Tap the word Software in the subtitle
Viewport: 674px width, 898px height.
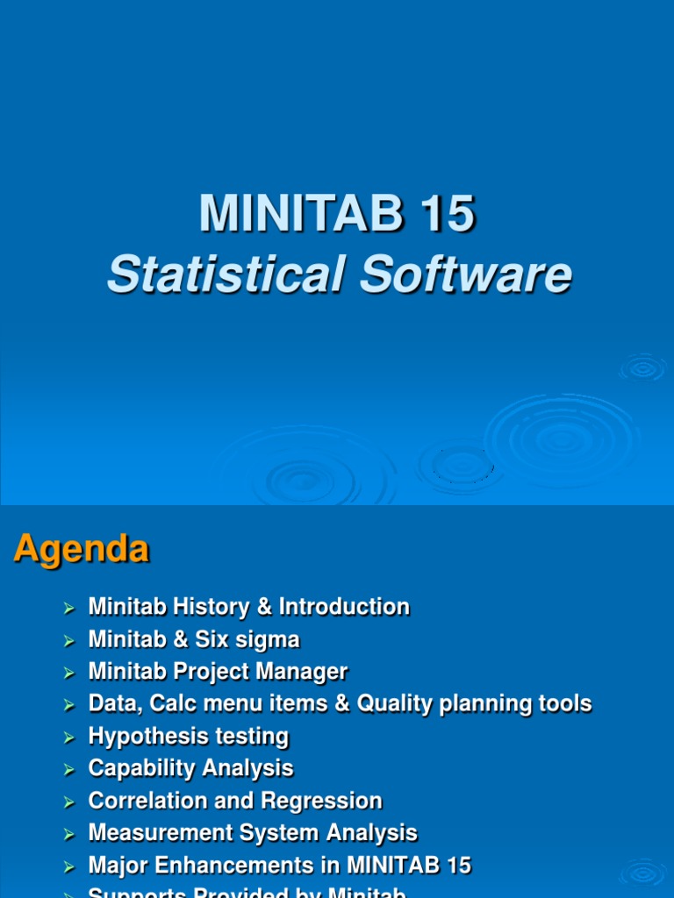[x=465, y=274]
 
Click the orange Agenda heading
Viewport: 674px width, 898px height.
[x=81, y=550]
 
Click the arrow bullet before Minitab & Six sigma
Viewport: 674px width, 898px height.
[x=70, y=641]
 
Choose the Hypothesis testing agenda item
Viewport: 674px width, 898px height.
[x=188, y=737]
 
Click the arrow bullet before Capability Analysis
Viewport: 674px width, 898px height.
[x=70, y=770]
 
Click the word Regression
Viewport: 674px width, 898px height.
[x=328, y=802]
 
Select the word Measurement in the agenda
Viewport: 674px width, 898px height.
[x=159, y=833]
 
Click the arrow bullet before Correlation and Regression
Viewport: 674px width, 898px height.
[x=70, y=802]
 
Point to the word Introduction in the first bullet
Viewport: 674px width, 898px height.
[x=344, y=607]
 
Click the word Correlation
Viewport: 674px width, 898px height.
[x=146, y=802]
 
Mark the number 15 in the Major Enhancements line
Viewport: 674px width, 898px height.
[x=456, y=866]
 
